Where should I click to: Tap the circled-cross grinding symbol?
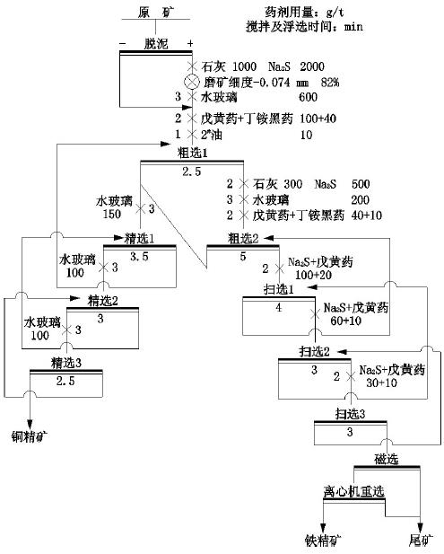(190, 82)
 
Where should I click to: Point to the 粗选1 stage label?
(190, 153)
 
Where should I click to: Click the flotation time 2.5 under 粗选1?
(190, 170)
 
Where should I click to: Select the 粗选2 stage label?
(243, 238)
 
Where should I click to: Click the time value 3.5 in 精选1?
(140, 256)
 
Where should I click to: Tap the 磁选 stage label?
(387, 460)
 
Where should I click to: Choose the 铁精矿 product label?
(323, 541)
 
